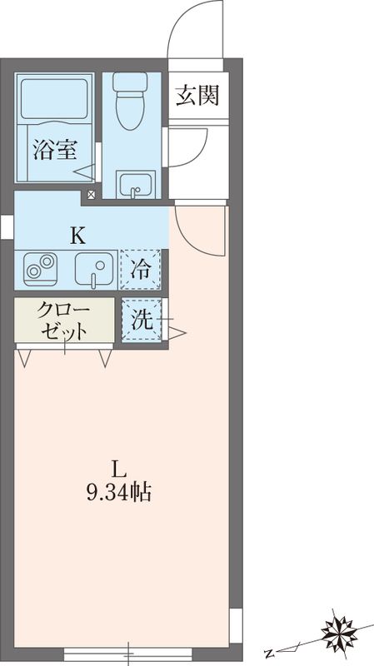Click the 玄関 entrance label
(x=197, y=96)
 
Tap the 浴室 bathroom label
(x=55, y=151)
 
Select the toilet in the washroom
(x=130, y=102)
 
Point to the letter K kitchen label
(x=77, y=236)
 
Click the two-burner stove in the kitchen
(x=38, y=269)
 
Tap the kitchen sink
(x=94, y=269)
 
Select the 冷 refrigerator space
(x=141, y=269)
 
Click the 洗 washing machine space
(x=142, y=320)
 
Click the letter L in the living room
(x=119, y=467)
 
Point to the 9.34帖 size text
(x=119, y=492)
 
